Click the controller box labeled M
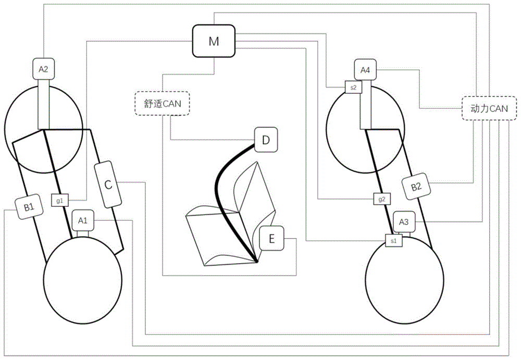(214, 41)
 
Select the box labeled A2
(44, 69)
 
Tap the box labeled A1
(83, 220)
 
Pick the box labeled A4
(365, 70)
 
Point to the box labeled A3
(404, 222)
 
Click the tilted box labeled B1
(29, 207)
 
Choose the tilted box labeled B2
(416, 187)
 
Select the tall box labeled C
(108, 184)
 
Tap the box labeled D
(266, 140)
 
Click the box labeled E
(272, 238)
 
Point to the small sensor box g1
(60, 201)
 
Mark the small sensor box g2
(382, 199)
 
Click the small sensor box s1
(394, 241)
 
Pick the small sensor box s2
(353, 88)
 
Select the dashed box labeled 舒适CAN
(163, 103)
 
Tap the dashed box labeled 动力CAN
(489, 108)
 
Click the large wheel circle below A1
(83, 280)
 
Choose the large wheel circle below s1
(404, 280)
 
